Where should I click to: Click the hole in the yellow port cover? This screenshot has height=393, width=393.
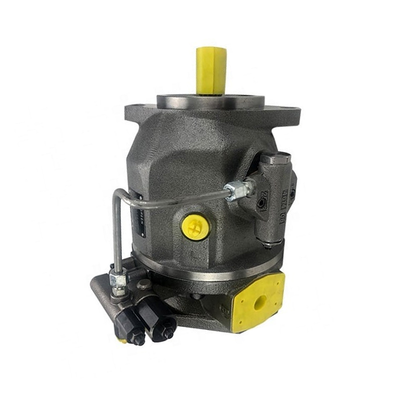click(259, 301)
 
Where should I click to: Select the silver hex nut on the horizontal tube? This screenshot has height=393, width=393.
click(237, 189)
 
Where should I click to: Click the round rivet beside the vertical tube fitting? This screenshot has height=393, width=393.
click(144, 284)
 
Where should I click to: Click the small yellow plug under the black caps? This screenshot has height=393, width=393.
click(122, 340)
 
